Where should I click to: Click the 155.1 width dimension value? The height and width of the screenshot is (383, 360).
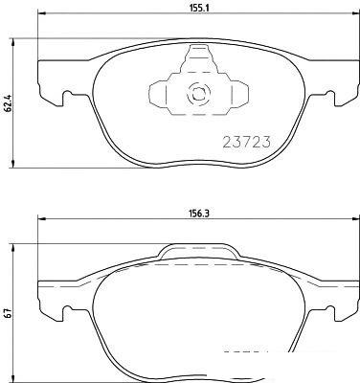[199, 9]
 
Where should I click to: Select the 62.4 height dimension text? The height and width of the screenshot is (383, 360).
[9, 102]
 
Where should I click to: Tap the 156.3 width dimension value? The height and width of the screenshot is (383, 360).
[199, 214]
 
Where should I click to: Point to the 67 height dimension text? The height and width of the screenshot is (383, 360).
[9, 313]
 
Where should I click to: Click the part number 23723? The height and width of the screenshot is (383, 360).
[246, 142]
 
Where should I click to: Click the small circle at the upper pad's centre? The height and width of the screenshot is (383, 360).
[198, 94]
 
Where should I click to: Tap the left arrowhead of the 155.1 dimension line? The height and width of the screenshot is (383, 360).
[42, 13]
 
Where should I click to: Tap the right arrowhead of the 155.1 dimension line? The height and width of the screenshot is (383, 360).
[355, 13]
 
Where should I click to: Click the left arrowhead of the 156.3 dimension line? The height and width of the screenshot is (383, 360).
[42, 219]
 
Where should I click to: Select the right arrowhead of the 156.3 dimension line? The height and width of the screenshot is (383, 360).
[355, 219]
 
